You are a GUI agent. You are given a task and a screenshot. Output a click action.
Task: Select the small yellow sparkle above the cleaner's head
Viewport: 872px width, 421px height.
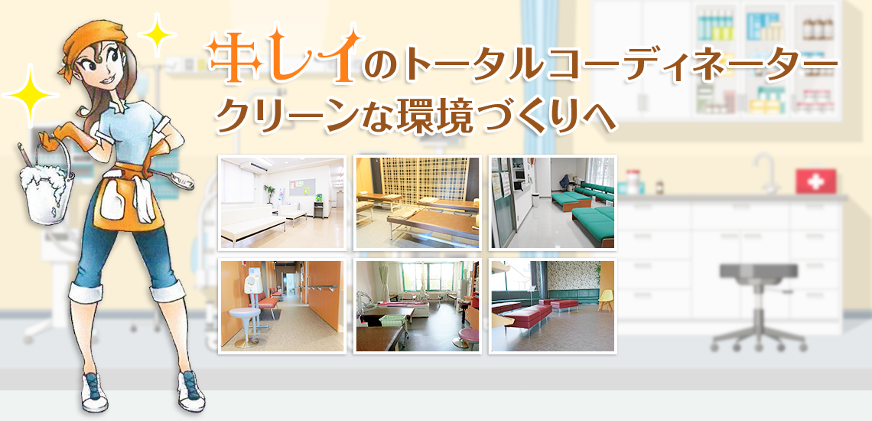click(x=158, y=34)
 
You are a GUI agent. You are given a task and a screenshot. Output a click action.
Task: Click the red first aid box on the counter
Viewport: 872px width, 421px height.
click(x=815, y=181)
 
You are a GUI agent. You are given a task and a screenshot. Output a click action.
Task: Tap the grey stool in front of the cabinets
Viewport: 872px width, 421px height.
click(x=759, y=305)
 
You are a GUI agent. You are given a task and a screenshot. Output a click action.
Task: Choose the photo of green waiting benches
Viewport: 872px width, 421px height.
click(x=553, y=203)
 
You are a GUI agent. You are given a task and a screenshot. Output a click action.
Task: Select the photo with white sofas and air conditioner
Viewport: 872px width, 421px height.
click(x=282, y=203)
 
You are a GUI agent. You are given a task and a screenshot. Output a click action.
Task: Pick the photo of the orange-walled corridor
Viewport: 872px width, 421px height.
click(x=282, y=305)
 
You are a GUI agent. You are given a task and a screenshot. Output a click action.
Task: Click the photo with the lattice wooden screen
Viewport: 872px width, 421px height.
click(x=417, y=203)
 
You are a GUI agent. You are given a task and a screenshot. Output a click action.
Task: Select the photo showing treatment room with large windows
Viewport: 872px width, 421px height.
click(x=417, y=305)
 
